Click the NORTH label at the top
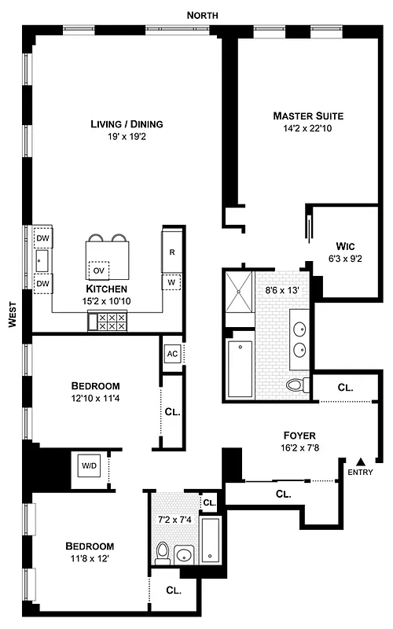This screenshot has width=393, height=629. [203, 16]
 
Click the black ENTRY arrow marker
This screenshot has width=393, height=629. [361, 462]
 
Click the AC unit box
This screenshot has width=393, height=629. [172, 353]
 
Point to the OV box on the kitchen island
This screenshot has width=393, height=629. [99, 270]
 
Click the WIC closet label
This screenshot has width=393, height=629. [347, 244]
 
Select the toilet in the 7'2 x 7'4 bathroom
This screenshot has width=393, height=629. [163, 553]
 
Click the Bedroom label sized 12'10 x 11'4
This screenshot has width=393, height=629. [95, 385]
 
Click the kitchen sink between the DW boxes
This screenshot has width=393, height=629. [41, 259]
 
